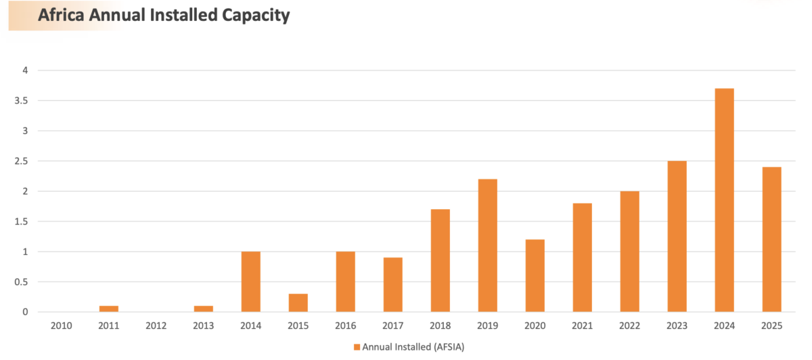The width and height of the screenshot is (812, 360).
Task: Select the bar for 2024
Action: pos(724,200)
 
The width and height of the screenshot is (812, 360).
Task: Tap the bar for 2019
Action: pos(487,245)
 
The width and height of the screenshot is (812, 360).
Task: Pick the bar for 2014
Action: pos(250,282)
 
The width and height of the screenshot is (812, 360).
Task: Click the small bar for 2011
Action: pos(108,309)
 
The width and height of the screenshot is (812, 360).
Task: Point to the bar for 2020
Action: pos(535,275)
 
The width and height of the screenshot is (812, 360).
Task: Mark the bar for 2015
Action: pos(298,302)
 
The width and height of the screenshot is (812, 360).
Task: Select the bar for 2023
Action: pos(677,236)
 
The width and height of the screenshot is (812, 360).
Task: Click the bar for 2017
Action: pos(392,284)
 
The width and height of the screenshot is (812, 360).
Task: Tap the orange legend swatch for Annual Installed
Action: pos(357,347)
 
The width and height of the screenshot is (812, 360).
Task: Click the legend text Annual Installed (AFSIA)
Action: pos(413,347)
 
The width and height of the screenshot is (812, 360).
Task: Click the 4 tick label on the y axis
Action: pos(25,70)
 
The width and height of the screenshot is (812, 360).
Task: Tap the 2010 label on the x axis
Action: pos(62,326)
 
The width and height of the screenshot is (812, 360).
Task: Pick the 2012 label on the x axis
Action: pos(156,326)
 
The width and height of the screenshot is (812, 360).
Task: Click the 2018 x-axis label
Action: pos(440,326)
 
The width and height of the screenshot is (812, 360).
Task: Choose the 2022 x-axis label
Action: pos(629,326)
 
